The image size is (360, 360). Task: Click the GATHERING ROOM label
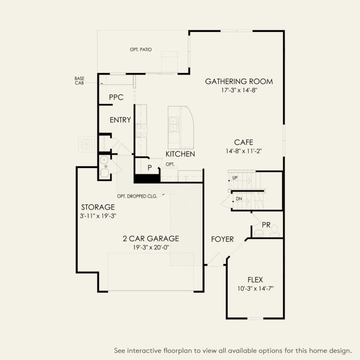[238, 81]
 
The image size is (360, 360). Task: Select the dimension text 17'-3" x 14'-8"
[238, 91]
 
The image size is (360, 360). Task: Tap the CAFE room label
[244, 142]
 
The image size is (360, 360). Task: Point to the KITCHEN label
[180, 154]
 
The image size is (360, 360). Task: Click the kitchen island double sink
[174, 125]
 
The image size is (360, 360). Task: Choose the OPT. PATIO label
[141, 50]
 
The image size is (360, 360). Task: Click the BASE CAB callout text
[79, 81]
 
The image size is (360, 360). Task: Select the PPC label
[116, 97]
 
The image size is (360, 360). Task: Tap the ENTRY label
[120, 120]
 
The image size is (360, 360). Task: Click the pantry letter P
[150, 167]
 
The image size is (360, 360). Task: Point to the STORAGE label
[98, 207]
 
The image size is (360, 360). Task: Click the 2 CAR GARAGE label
[150, 238]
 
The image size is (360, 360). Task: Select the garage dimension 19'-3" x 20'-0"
[150, 247]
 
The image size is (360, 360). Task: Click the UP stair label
[235, 178]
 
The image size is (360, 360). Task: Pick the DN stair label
[238, 199]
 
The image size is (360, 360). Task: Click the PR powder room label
[266, 225]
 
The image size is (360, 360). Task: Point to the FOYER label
[222, 239]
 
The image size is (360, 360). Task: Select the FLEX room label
[255, 279]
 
